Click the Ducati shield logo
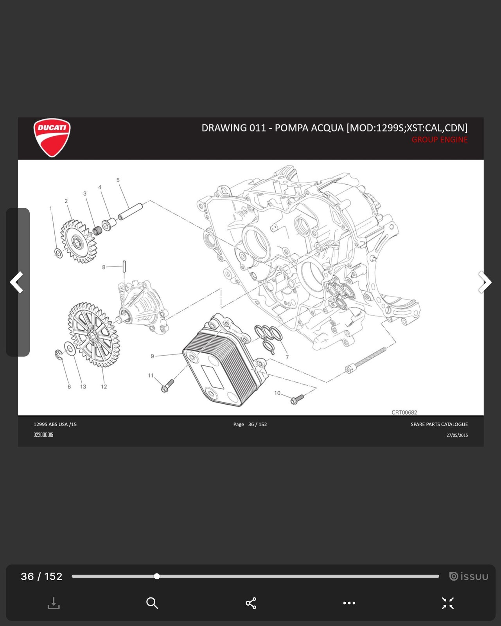pos(52,138)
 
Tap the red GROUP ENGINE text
pos(439,140)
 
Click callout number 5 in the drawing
pos(118,180)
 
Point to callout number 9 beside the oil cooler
pos(152,356)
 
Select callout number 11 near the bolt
pos(151,375)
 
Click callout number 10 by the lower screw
pos(277,393)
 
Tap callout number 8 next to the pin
pos(104,267)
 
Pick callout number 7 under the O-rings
pos(287,357)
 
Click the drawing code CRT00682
pos(404,412)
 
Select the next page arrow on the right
pos(485,282)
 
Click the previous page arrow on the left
pos(16,282)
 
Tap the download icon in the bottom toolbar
pos(54,603)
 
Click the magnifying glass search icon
pos(152,603)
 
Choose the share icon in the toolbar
pos(251,603)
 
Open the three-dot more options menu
pos(349,603)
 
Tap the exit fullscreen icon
pos(448,603)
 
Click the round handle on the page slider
pos(157,576)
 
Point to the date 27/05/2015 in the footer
pos(457,435)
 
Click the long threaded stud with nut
pos(366,360)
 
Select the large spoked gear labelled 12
pos(93,335)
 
